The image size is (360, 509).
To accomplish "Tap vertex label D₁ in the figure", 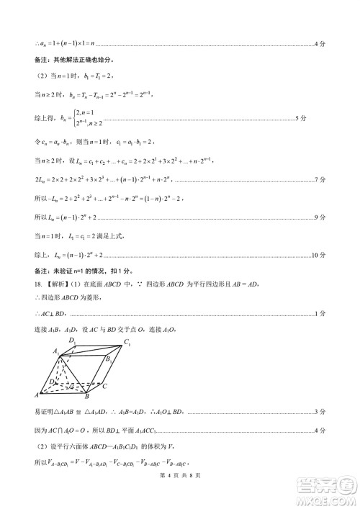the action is click(x=73, y=341).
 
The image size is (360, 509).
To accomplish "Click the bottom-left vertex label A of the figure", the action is click(x=37, y=395).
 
